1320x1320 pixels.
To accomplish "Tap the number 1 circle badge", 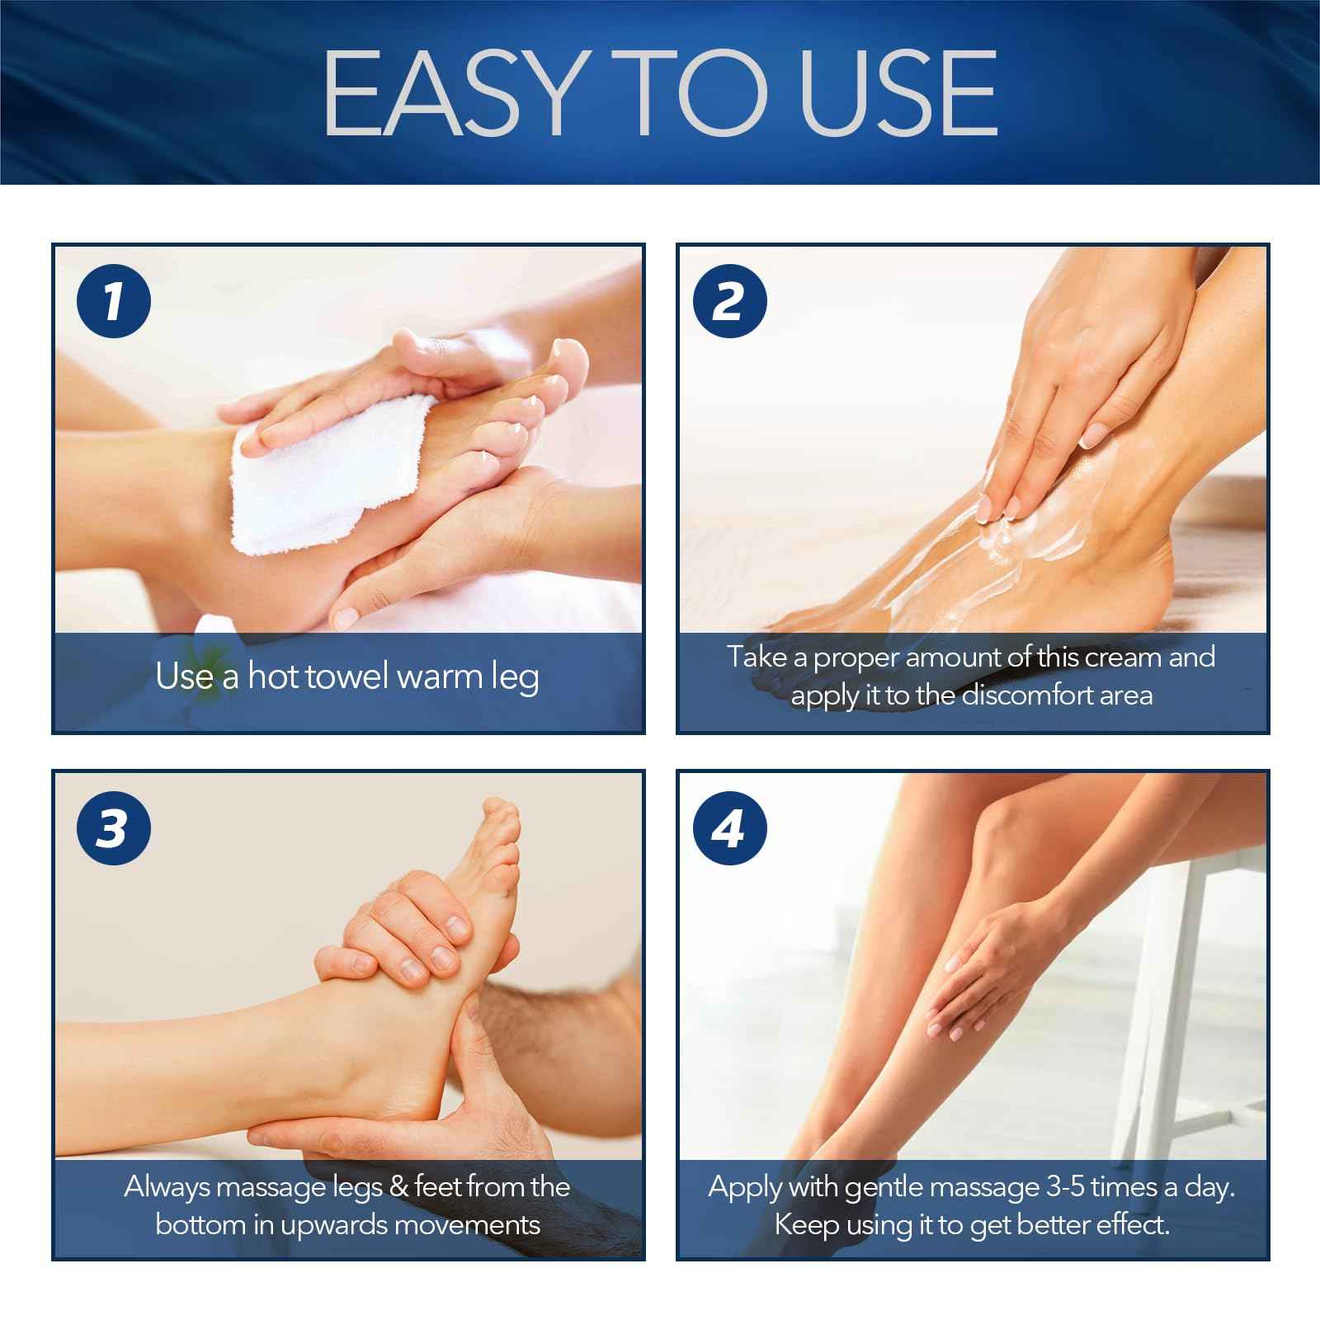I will (x=114, y=301).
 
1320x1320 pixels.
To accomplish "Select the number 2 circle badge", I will (x=729, y=301).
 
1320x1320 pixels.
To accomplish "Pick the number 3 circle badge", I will (x=114, y=827).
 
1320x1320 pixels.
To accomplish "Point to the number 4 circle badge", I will (x=729, y=827).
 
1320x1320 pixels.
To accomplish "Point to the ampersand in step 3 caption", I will (x=398, y=1187).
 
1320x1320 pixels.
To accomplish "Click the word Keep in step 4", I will (x=807, y=1225).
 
